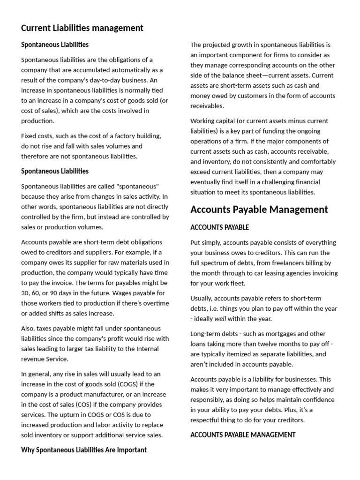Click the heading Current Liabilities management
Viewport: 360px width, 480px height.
[82, 28]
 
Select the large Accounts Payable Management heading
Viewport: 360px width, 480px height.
[259, 210]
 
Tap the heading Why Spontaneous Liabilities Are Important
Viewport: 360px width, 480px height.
[84, 450]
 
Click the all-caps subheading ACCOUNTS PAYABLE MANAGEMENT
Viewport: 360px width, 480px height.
[243, 435]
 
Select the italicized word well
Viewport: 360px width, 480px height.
[220, 319]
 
